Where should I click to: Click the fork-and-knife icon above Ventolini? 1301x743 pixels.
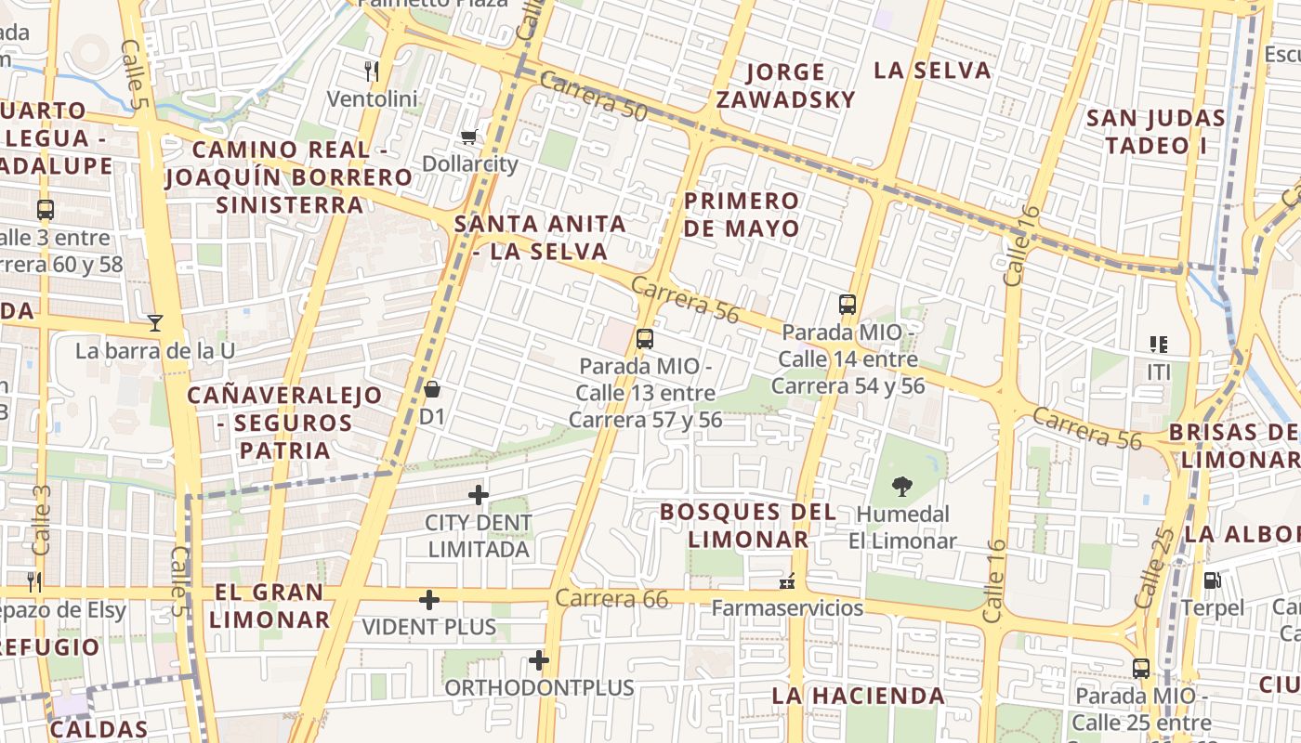click(372, 71)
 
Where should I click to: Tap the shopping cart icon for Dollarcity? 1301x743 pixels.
click(469, 137)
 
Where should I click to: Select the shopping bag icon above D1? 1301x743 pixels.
click(432, 389)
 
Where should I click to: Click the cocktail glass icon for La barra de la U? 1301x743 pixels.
click(155, 323)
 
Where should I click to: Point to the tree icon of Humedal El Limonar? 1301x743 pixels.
click(900, 486)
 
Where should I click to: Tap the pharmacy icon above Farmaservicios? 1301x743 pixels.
click(787, 582)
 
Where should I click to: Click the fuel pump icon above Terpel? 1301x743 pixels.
click(1212, 580)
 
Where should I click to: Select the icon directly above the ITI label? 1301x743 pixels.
click(1158, 345)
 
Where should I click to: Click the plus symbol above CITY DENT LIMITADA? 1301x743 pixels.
click(479, 495)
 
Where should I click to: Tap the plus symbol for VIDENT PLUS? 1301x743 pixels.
click(429, 600)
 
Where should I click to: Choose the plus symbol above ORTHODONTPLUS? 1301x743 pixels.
click(539, 660)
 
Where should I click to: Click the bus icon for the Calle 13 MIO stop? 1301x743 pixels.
click(645, 338)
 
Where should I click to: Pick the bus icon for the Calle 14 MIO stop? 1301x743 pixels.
click(847, 304)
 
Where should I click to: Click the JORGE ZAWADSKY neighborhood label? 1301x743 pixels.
click(785, 85)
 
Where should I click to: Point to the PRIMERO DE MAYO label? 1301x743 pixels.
click(742, 215)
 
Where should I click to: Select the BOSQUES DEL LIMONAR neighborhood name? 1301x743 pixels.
click(748, 525)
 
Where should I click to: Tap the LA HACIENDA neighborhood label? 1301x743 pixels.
click(858, 695)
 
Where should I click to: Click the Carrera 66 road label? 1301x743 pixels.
click(612, 599)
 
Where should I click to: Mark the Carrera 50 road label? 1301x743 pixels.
click(593, 95)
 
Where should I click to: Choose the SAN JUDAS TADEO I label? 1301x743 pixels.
click(1155, 131)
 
